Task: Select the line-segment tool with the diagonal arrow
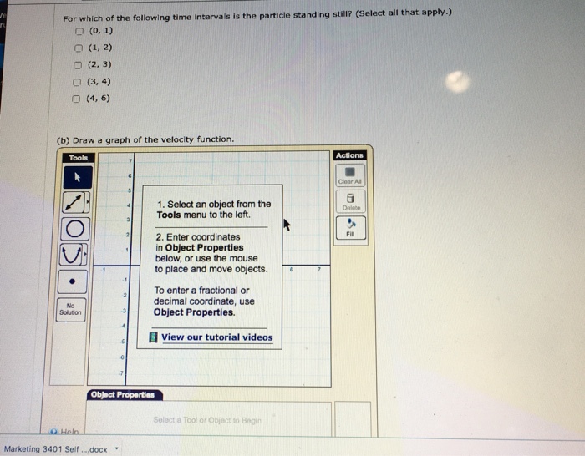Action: point(75,202)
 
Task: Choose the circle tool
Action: point(75,228)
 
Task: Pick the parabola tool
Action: point(75,254)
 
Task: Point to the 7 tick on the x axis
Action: point(318,271)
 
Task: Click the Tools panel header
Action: point(79,157)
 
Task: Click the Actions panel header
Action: point(348,155)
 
